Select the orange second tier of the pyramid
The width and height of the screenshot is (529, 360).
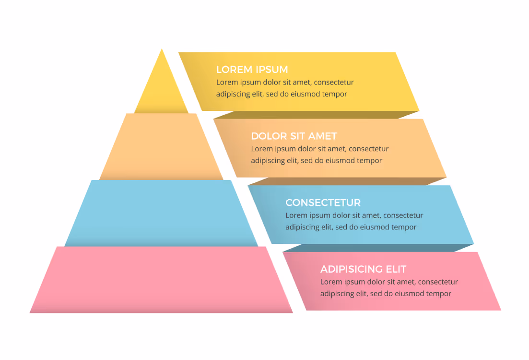tap(161, 147)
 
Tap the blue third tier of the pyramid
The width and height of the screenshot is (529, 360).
tap(161, 214)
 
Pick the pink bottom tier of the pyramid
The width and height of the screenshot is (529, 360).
tap(161, 280)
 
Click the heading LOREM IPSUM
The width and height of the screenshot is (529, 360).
tap(252, 70)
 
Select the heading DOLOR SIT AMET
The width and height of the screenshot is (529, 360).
tap(294, 136)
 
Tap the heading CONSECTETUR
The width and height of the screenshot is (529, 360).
tap(323, 203)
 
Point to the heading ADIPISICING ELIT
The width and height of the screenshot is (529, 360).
tap(363, 269)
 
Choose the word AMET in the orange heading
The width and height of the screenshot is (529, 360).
tap(322, 136)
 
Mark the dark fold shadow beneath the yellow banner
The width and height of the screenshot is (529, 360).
tap(317, 115)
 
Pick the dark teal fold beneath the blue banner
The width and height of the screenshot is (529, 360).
tap(378, 248)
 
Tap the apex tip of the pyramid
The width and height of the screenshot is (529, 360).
tap(162, 49)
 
